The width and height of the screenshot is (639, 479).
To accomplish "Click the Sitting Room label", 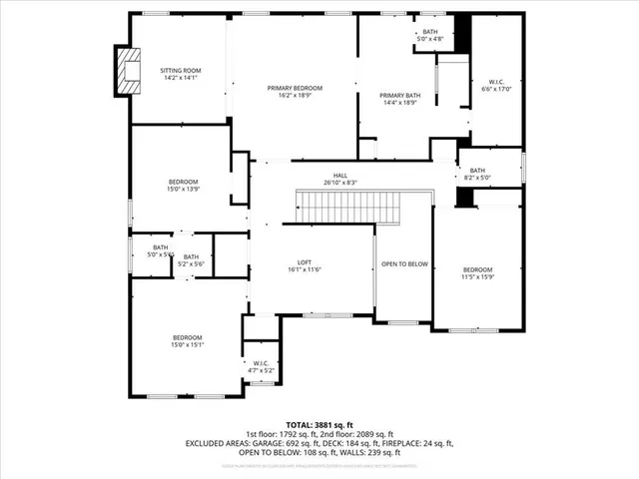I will pos(181,75).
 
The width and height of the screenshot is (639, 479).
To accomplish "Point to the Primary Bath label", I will pos(399,100).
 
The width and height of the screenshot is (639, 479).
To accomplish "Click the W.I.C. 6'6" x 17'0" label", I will pos(497,85).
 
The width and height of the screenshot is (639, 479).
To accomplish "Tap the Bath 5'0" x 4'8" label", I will pos(430,36).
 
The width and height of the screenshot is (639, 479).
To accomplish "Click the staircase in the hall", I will pos(349,208).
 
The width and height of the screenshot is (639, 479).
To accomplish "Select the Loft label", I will pos(291,265).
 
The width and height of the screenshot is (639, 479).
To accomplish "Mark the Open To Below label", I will pos(404,264).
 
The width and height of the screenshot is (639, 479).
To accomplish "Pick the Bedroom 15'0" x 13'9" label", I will pos(183,185).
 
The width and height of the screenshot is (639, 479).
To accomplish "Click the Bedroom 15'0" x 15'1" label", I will pos(187,342).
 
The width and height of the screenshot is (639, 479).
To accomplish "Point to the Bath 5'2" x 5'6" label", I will pos(191,260).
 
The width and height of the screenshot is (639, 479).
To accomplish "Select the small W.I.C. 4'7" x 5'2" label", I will pos(261,366).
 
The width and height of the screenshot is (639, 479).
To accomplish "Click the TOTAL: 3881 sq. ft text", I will pos(319,424).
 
